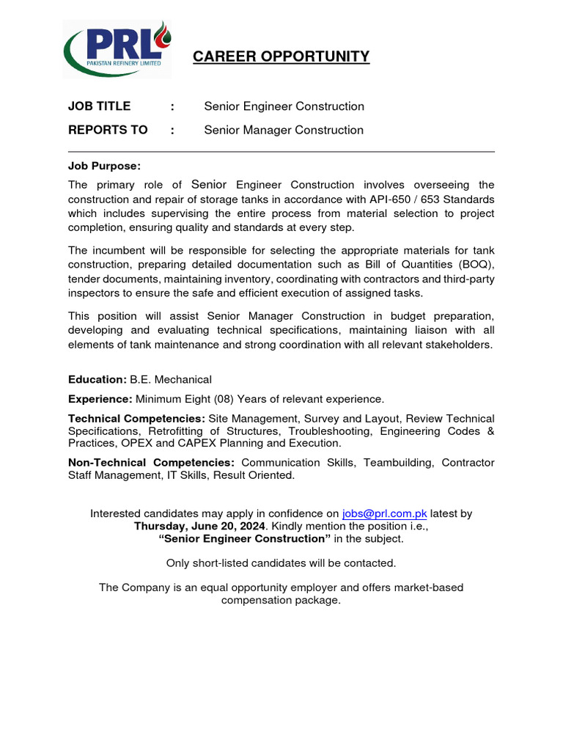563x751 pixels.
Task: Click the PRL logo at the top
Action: pyautogui.click(x=117, y=49)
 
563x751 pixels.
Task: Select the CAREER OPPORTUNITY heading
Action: pyautogui.click(x=281, y=57)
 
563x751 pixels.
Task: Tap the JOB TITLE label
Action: pyautogui.click(x=99, y=106)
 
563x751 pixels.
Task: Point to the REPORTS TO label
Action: pyautogui.click(x=108, y=130)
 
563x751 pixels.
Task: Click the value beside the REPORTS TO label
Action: pyautogui.click(x=283, y=130)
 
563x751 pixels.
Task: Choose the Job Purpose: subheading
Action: pyautogui.click(x=104, y=166)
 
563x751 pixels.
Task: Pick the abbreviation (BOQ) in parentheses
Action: pyautogui.click(x=476, y=264)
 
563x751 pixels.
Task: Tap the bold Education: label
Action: pyautogui.click(x=97, y=379)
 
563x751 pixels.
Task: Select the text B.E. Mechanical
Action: pyautogui.click(x=171, y=379)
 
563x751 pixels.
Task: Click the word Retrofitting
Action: pyautogui.click(x=178, y=431)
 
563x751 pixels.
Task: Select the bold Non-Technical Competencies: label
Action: pyautogui.click(x=151, y=463)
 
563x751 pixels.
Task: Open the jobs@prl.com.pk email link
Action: pyautogui.click(x=384, y=513)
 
